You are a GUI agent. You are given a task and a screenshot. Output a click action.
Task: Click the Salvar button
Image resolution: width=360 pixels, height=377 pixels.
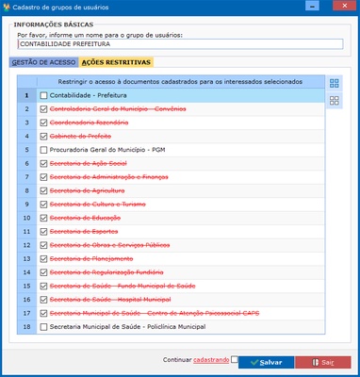265,362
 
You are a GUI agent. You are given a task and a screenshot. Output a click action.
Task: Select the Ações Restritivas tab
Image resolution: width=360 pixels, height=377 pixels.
117,62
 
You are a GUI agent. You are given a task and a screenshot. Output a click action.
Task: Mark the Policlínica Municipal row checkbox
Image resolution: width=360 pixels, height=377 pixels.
44,326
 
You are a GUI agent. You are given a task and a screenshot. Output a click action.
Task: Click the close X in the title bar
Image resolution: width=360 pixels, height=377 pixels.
342,8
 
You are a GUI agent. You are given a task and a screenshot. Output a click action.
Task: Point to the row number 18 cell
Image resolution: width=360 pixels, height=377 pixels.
27,326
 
